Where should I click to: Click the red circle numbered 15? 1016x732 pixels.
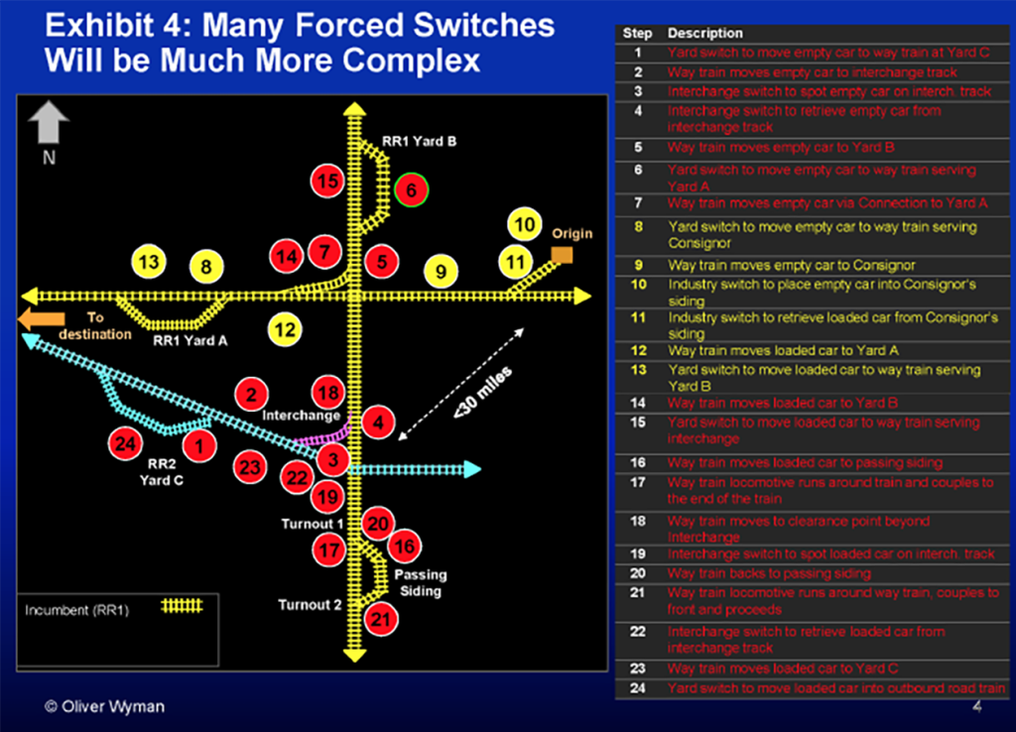(x=327, y=182)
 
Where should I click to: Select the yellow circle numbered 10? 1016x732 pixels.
(x=524, y=225)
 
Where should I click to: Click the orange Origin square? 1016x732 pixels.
(x=562, y=255)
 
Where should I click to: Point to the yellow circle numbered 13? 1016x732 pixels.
(x=149, y=263)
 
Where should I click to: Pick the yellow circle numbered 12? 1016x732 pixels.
(x=285, y=329)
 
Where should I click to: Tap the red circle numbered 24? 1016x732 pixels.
(x=125, y=443)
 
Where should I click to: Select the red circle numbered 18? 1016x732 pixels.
(x=328, y=391)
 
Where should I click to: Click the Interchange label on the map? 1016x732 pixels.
(x=302, y=416)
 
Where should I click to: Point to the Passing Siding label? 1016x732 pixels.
(x=421, y=582)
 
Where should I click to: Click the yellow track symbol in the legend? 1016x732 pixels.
(x=182, y=606)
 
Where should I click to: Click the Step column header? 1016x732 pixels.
(x=637, y=34)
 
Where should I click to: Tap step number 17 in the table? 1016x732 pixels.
(x=638, y=483)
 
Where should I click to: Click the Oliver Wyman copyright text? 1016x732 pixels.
(x=105, y=706)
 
